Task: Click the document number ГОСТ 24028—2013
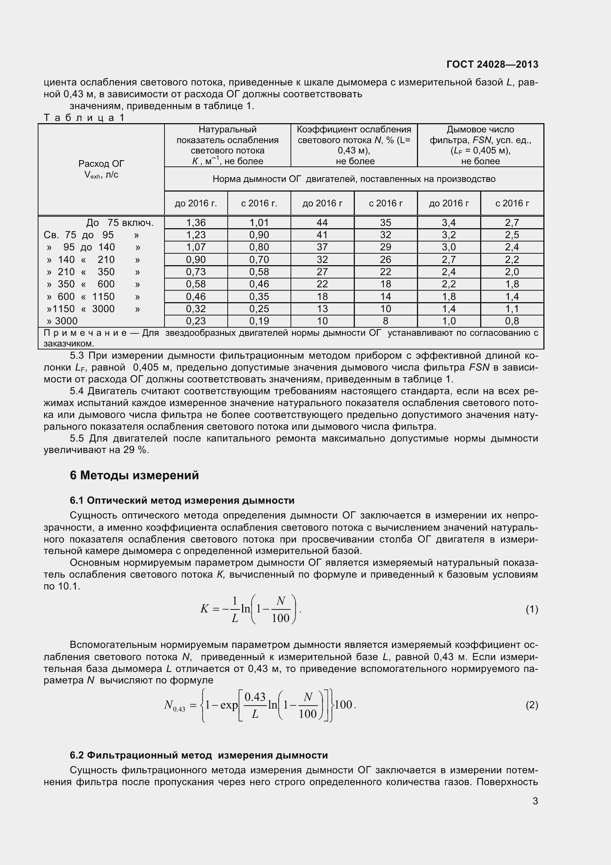pyautogui.click(x=492, y=64)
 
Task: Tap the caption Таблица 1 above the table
pyautogui.click(x=84, y=118)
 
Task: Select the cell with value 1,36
pyautogui.click(x=196, y=223)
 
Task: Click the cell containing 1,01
pyautogui.click(x=259, y=223)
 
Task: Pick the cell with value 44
pyautogui.click(x=322, y=223)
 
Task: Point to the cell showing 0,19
pyautogui.click(x=259, y=321)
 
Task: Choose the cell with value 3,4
pyautogui.click(x=449, y=223)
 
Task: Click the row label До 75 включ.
pyautogui.click(x=120, y=223)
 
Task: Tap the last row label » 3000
pyautogui.click(x=62, y=321)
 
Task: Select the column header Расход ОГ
pyautogui.click(x=101, y=164)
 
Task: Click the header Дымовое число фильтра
pyautogui.click(x=480, y=135)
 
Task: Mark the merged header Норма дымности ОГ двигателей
pyautogui.click(x=354, y=179)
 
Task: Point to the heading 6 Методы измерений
pyautogui.click(x=135, y=476)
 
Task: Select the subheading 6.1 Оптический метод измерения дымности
pyautogui.click(x=182, y=500)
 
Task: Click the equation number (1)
pyautogui.click(x=532, y=609)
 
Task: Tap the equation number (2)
pyautogui.click(x=532, y=705)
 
